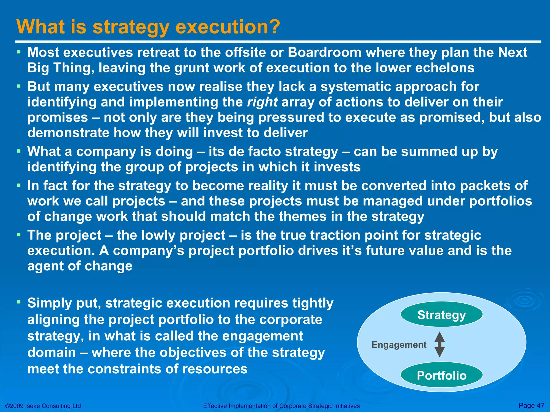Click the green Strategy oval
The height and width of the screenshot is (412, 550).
(x=442, y=314)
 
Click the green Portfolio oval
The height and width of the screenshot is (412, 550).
(x=442, y=375)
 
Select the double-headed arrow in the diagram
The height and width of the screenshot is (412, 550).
(x=439, y=344)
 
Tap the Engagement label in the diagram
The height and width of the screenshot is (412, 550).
(x=399, y=345)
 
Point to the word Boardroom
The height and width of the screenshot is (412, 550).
(x=324, y=52)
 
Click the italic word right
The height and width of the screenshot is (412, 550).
(x=262, y=102)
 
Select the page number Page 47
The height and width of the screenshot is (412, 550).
(x=531, y=405)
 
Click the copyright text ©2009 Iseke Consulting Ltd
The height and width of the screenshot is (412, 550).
(x=43, y=406)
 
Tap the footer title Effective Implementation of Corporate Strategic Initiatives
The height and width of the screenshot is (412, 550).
(x=281, y=406)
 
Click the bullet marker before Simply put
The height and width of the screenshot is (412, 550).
(x=19, y=302)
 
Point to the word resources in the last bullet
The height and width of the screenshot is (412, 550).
(x=215, y=369)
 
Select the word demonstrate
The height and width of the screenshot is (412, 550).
(x=68, y=133)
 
